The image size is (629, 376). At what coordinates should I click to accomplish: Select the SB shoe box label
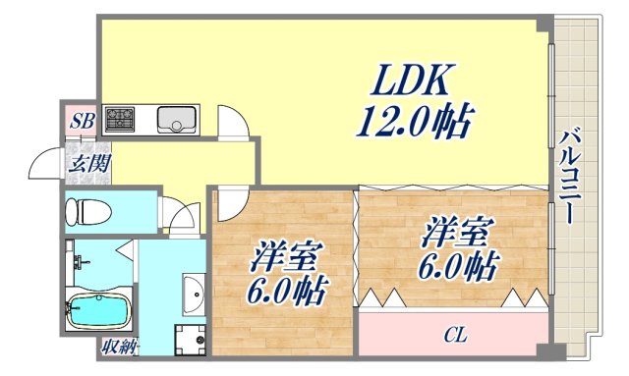click(x=82, y=122)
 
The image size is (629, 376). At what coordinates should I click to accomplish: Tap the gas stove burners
click(x=122, y=119)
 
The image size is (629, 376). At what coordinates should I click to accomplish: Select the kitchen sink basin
click(x=178, y=119)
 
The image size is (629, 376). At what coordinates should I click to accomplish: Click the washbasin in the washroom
click(x=193, y=292)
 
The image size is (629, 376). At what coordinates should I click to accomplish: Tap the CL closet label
click(x=453, y=336)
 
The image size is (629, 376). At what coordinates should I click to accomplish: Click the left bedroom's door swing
click(x=232, y=203)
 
